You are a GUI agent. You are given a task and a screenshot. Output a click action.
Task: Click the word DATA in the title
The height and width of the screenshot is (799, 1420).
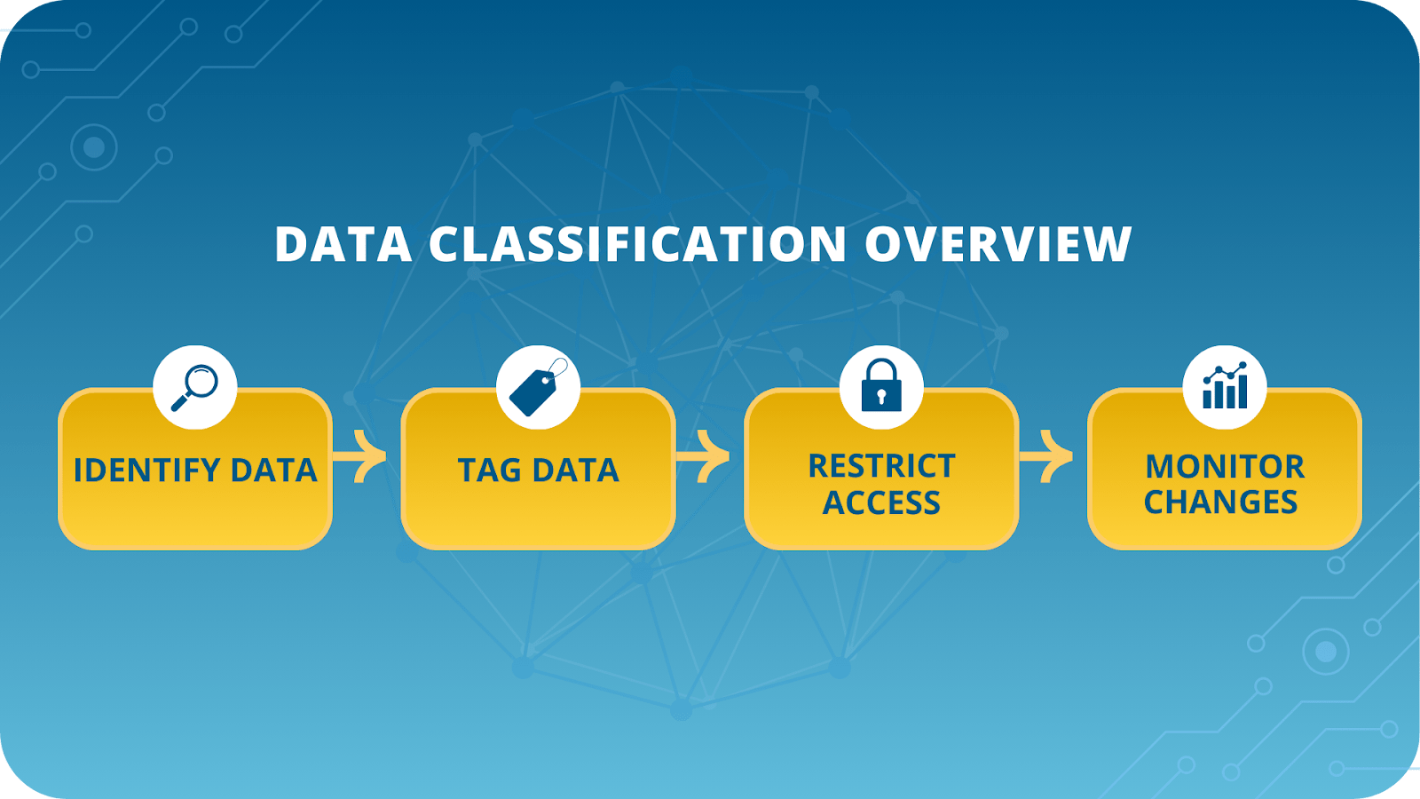point(343,244)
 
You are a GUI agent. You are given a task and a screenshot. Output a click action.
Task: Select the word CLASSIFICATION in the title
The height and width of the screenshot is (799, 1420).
point(637,244)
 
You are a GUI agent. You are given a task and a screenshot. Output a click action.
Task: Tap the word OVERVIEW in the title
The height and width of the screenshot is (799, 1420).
point(998,244)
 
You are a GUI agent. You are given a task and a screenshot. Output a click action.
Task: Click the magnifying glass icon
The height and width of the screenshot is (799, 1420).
point(195,387)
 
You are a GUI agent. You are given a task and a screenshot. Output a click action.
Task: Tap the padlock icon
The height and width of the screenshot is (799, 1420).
point(881,386)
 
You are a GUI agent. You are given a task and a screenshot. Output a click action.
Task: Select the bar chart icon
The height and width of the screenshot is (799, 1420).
point(1225,387)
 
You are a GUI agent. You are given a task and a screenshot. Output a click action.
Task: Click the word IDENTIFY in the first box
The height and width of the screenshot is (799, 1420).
point(146,471)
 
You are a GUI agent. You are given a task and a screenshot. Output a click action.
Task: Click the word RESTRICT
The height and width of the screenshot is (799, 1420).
point(881,466)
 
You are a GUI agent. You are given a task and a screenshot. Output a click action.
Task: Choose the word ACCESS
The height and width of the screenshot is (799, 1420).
point(881,503)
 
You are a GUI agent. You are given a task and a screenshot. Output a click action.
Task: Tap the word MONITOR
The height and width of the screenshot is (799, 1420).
point(1225,466)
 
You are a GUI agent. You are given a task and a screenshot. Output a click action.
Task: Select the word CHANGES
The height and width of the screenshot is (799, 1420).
point(1220,502)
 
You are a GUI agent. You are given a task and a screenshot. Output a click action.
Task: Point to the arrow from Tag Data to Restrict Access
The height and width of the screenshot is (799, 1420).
point(708,457)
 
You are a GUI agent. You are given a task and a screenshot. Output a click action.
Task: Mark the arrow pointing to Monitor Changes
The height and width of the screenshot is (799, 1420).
point(1052,457)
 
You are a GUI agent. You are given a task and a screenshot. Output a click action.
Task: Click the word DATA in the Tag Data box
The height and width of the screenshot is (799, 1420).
point(577,471)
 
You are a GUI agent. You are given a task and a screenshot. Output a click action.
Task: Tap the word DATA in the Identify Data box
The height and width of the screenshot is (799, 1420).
point(273,471)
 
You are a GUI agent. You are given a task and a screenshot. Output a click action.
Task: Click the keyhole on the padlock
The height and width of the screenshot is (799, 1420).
point(881,397)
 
